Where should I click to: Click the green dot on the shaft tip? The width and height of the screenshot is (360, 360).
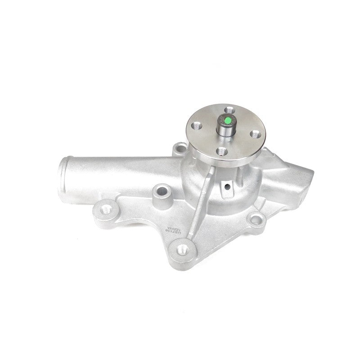tap(228, 120)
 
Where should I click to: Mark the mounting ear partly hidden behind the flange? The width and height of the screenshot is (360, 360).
tap(180, 147)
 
